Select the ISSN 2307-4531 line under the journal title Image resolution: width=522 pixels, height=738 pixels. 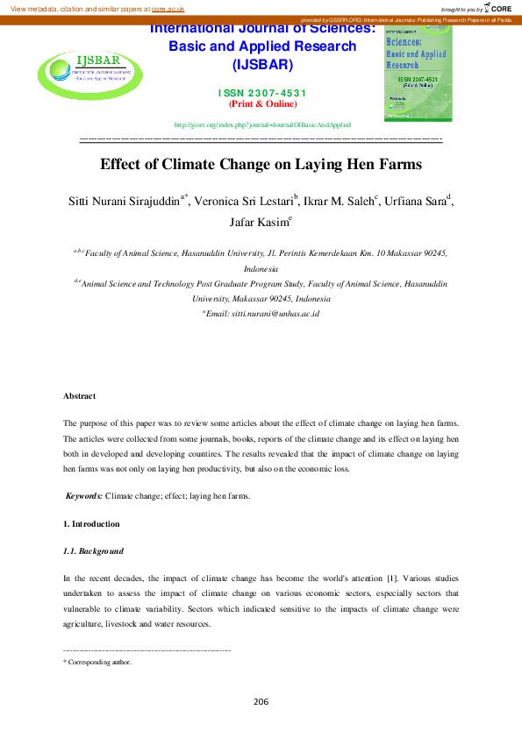262,93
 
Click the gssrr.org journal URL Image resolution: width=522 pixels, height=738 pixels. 262,124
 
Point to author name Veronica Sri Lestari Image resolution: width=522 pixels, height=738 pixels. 246,201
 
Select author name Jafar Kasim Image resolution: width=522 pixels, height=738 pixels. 259,222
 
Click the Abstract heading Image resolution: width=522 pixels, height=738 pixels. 79,396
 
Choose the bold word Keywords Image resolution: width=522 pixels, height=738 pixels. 84,496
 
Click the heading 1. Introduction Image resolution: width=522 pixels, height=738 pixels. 91,524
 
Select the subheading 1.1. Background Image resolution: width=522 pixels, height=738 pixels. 93,551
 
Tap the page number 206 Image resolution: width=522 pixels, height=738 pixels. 261,701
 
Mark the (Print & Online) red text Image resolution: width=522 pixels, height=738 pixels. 262,103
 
